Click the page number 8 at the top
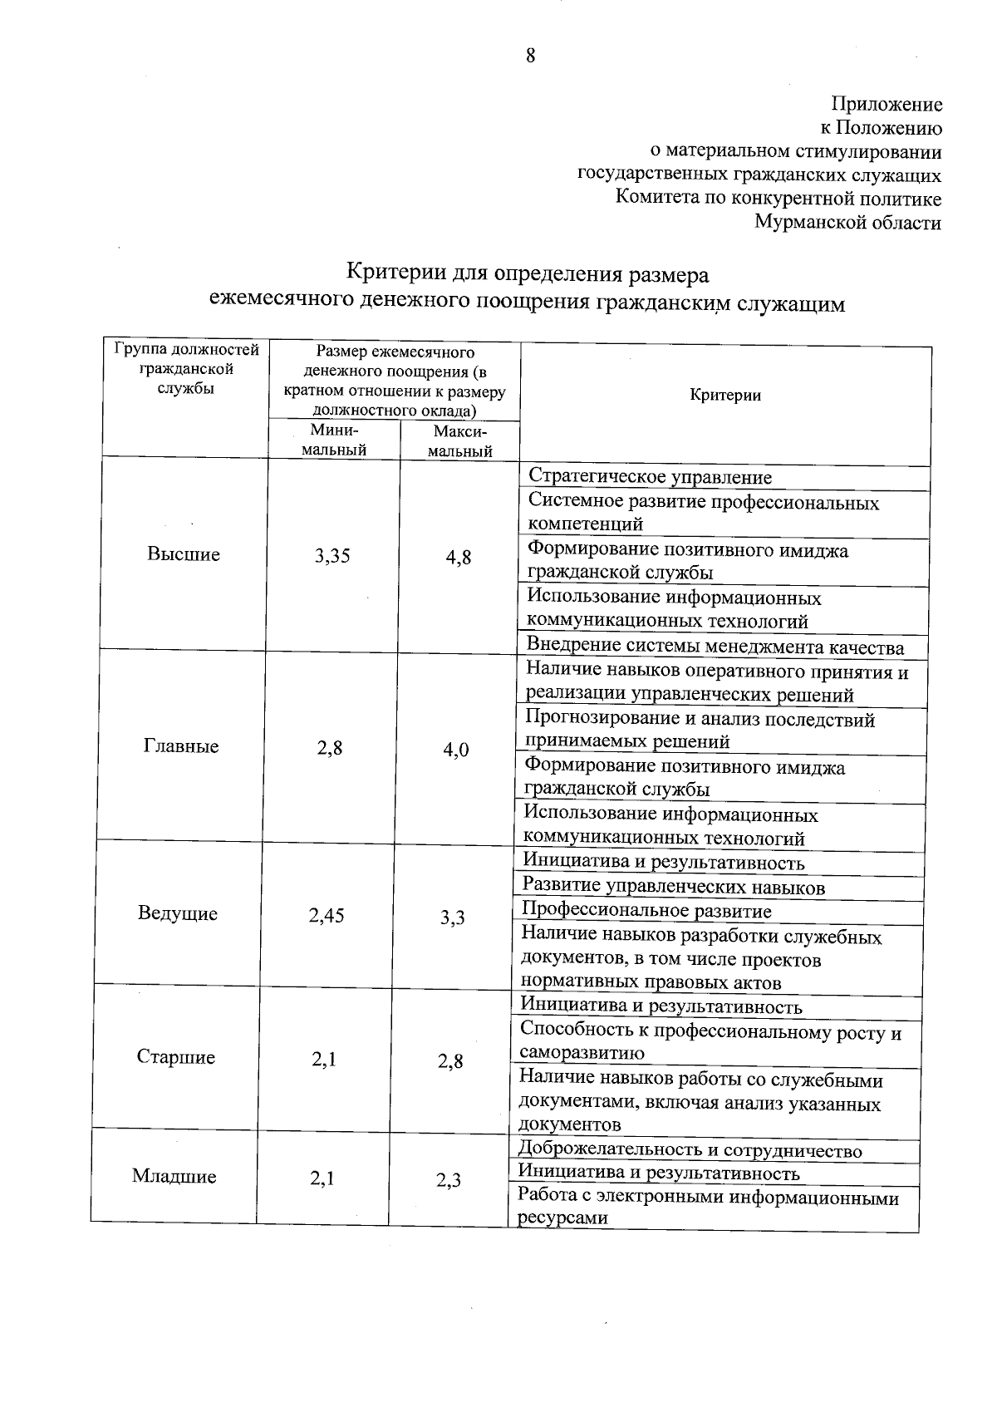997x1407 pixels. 531,56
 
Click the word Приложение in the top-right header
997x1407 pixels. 886,105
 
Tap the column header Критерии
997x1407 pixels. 725,396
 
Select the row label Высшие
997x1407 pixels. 184,554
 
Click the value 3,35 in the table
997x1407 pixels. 332,557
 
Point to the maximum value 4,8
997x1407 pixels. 458,558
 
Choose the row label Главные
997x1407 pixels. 181,746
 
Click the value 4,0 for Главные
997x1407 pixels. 455,750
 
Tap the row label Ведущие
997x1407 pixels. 178,913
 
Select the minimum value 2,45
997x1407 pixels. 327,916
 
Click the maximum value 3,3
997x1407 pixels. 453,918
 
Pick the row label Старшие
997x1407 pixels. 175,1057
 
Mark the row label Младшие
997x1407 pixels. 174,1177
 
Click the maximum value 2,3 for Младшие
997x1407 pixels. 449,1180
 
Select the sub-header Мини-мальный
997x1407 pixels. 334,440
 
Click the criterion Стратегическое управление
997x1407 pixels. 650,477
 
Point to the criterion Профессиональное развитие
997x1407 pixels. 646,912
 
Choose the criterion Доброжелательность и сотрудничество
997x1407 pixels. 690,1151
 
